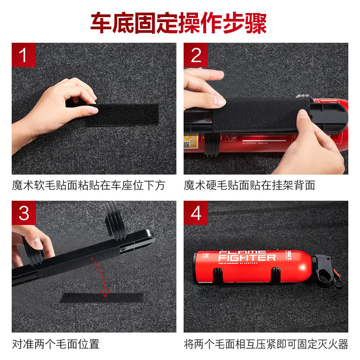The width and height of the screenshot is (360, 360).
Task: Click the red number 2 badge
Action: [x=196, y=55]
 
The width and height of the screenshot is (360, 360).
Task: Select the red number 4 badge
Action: [x=196, y=213]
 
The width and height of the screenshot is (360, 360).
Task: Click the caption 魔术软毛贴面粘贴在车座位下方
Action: [x=89, y=185]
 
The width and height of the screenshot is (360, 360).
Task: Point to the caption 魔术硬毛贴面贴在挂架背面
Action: [x=249, y=185]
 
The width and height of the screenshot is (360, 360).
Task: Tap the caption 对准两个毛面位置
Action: [x=56, y=345]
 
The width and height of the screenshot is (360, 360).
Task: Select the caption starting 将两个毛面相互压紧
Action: [x=266, y=345]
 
